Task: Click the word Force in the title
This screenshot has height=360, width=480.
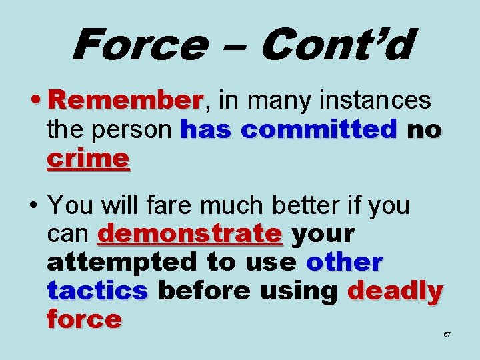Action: click(x=137, y=45)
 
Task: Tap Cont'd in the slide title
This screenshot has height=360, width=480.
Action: click(x=337, y=45)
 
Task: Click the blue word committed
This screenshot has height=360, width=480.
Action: click(x=319, y=129)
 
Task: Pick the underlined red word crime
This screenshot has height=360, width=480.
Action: click(x=88, y=159)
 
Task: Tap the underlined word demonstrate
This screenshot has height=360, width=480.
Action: click(x=190, y=234)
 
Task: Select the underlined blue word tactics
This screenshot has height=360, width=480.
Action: click(x=97, y=291)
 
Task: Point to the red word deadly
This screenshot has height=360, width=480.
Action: click(x=395, y=291)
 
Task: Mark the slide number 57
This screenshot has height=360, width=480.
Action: click(x=447, y=334)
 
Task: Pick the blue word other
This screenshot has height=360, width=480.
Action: click(x=345, y=263)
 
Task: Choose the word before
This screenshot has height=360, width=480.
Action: click(x=198, y=291)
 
